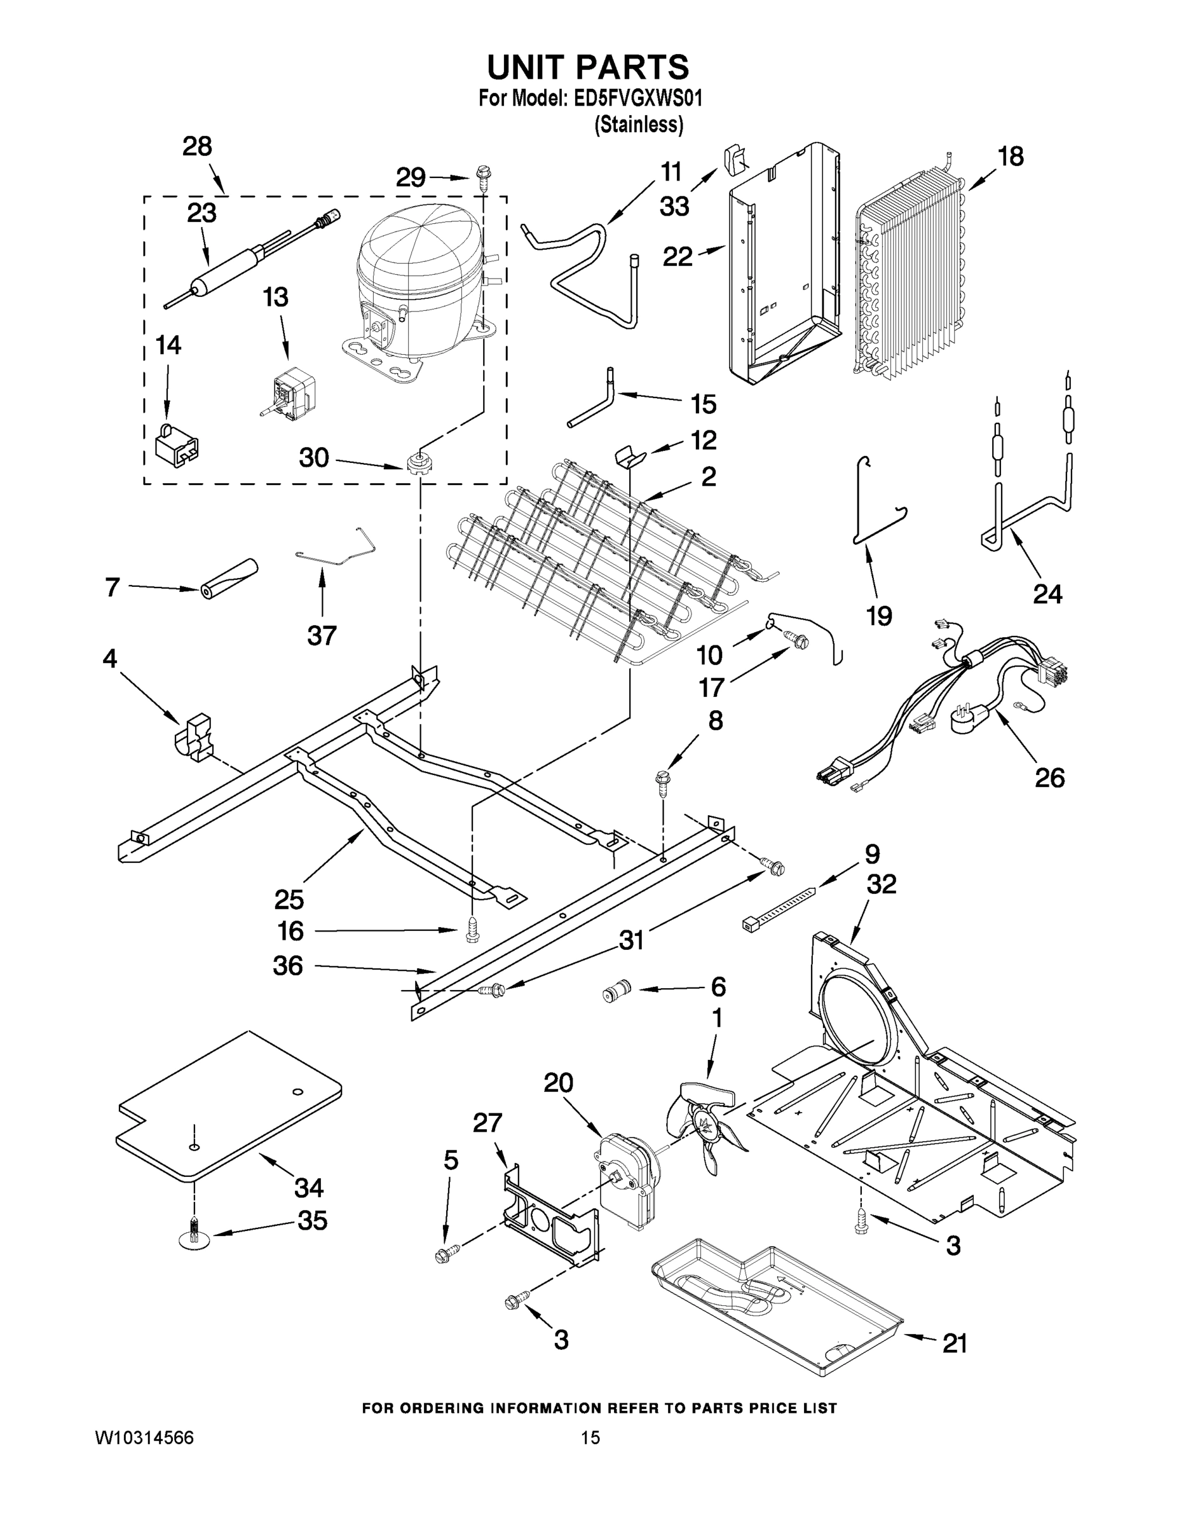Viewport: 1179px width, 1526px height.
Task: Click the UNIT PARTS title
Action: pos(587,68)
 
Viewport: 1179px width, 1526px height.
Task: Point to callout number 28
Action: pos(197,147)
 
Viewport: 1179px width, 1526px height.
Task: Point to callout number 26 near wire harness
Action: pos(1049,778)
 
